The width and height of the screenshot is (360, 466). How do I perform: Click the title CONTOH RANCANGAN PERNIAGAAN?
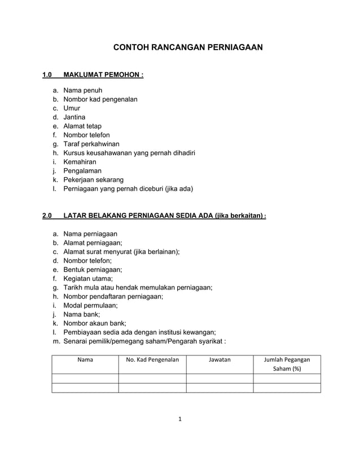click(x=188, y=48)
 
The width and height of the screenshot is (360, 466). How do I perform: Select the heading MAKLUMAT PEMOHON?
click(x=104, y=74)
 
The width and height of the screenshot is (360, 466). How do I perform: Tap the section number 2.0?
click(x=47, y=216)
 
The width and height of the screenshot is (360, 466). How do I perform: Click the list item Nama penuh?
click(x=82, y=90)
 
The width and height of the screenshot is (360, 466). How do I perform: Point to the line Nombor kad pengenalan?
click(x=100, y=99)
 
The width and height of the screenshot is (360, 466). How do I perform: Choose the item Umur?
click(x=72, y=108)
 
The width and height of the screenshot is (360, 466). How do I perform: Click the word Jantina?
click(x=74, y=117)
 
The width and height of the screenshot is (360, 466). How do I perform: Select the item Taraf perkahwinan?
click(x=91, y=144)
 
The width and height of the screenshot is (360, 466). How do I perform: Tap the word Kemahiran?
click(x=80, y=162)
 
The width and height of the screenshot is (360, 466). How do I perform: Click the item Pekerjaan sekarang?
click(x=93, y=180)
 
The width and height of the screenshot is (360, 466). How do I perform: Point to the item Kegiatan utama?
click(x=88, y=278)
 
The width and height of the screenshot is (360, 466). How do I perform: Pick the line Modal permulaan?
click(x=90, y=305)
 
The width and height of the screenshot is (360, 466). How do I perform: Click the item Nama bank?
click(x=82, y=314)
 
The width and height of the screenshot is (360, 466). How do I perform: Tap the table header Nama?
click(x=85, y=359)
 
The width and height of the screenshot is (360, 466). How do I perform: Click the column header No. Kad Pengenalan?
click(x=152, y=359)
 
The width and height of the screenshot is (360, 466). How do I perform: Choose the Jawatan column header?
click(x=219, y=359)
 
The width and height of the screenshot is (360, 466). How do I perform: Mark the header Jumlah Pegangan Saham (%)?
click(x=287, y=364)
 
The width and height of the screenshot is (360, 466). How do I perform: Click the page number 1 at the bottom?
click(x=180, y=419)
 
